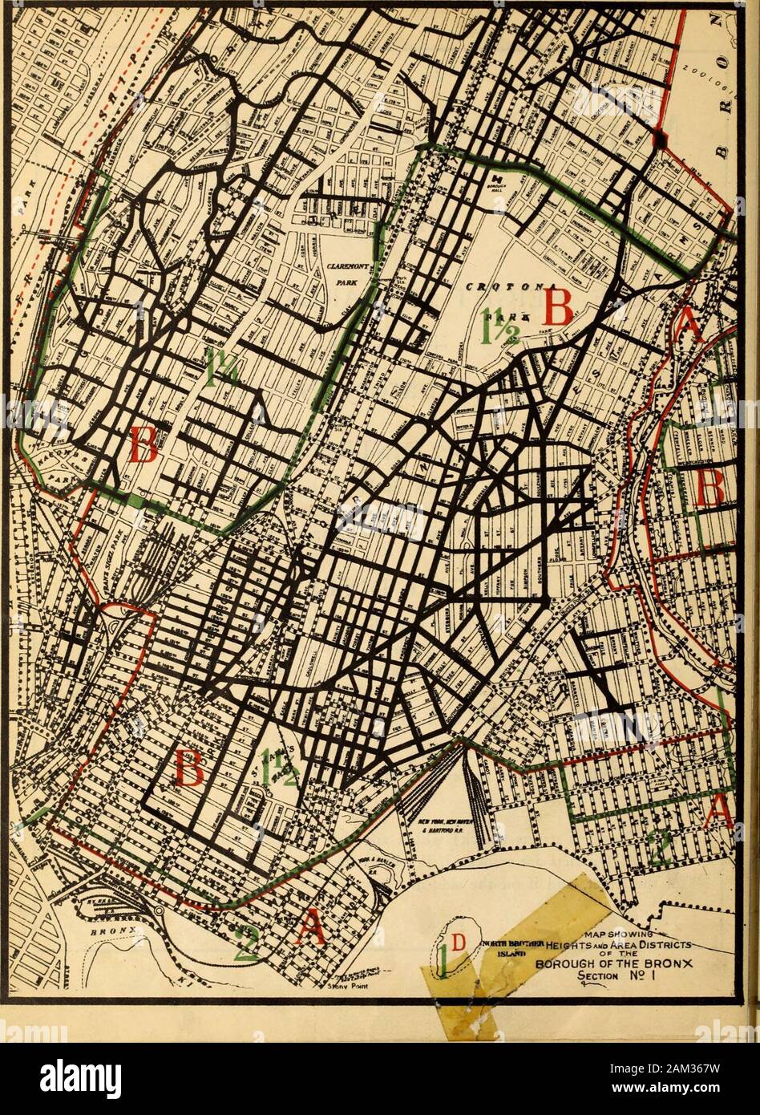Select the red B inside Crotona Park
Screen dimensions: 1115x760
point(559,307)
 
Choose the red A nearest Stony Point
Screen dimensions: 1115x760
point(310,929)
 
